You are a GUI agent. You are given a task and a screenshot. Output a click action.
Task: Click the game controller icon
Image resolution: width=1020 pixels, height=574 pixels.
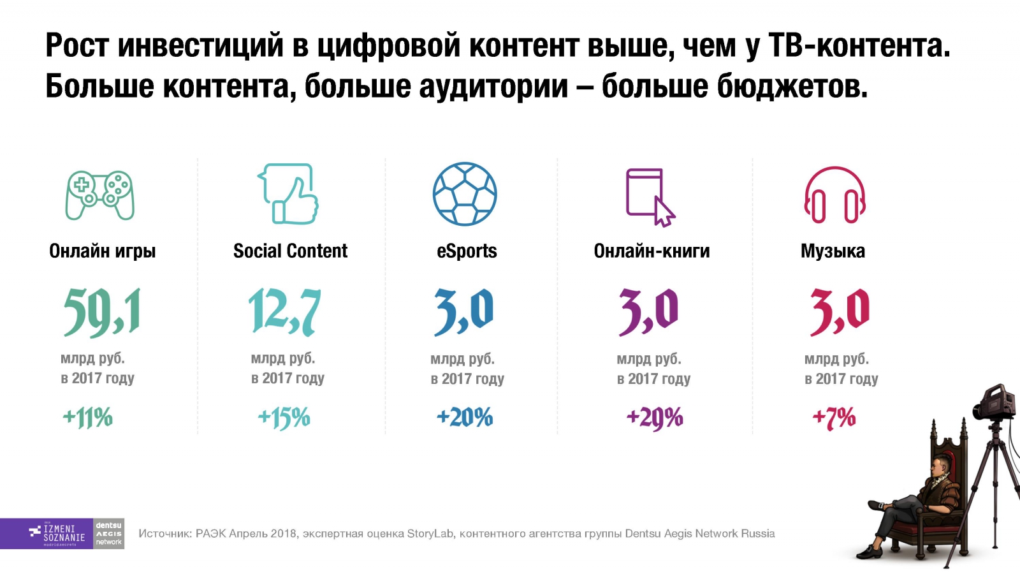coord(100,195)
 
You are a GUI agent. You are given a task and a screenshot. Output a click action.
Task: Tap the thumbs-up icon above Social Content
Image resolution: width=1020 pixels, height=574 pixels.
coord(288,194)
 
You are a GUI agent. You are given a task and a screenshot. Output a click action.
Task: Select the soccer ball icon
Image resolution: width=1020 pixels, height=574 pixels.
coord(465,194)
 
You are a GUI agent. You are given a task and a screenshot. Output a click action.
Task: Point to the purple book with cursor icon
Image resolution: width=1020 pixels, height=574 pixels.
coord(649,197)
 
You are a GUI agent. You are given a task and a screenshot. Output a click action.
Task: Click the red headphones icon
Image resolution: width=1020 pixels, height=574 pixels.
coord(834,195)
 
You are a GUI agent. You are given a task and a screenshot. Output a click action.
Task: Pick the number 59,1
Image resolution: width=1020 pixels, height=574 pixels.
coord(102,312)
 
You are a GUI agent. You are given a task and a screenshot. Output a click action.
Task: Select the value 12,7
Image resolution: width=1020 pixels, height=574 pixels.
coord(284,312)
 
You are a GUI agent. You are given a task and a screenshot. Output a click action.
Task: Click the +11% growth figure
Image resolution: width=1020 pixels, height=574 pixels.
coord(87,418)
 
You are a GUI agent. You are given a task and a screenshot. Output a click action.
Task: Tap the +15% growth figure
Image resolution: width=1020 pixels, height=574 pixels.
coord(284,418)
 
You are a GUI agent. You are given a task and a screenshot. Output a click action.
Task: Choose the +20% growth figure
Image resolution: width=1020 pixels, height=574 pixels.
coord(465,418)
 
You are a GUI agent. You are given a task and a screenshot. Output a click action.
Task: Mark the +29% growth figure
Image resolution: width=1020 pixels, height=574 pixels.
coord(655,418)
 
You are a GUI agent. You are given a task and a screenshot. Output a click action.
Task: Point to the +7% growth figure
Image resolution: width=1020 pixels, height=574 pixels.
coord(834,418)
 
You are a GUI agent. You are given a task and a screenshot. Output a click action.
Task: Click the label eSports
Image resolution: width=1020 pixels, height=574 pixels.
coord(467,251)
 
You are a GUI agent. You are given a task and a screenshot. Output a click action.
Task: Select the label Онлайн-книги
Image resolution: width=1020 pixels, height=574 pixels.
coord(652,251)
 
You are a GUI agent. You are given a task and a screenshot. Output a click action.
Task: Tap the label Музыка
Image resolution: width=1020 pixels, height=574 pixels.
coord(833,251)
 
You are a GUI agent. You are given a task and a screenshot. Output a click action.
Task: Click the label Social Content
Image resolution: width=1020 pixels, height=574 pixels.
coord(290,251)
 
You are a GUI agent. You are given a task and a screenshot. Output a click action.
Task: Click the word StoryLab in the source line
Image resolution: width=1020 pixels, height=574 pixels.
coord(430,534)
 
